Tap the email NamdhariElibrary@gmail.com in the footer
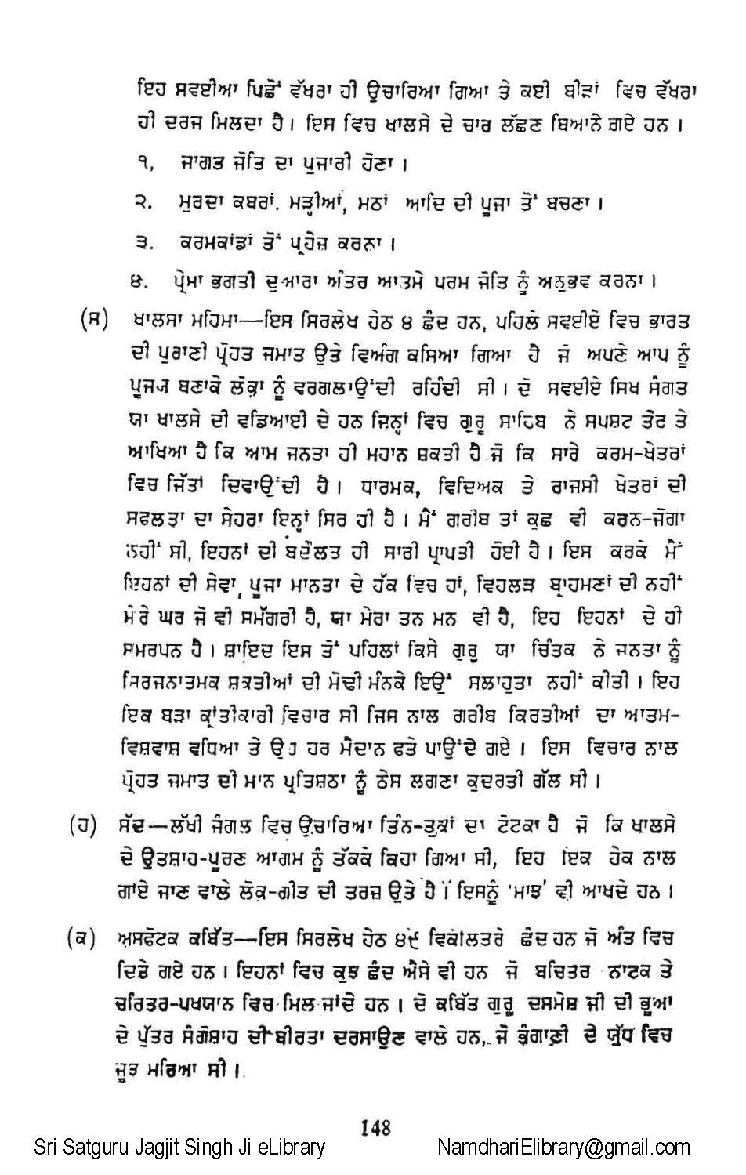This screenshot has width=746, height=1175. (x=563, y=1148)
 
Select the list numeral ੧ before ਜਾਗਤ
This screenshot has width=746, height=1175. (x=143, y=165)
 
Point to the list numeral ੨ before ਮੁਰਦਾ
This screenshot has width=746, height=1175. (x=143, y=204)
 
